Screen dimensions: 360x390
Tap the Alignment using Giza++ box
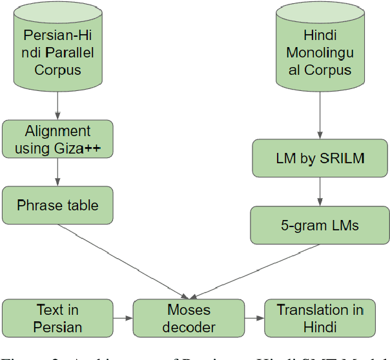point(57,139)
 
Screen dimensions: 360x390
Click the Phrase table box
point(57,205)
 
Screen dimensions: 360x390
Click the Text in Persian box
point(50,318)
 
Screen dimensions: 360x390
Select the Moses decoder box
point(189,318)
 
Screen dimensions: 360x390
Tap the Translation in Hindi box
point(320,318)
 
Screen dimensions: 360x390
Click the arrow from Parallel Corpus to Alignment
point(58,106)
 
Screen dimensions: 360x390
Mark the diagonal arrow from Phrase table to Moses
point(123,257)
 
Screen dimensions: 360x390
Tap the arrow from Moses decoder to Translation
point(254,318)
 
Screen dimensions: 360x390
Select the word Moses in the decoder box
point(189,310)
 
